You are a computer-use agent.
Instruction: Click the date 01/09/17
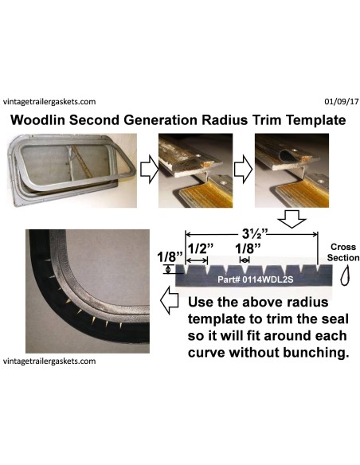coord(338,102)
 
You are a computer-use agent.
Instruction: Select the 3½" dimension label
coord(252,236)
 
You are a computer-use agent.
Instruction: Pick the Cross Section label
coord(343,252)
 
